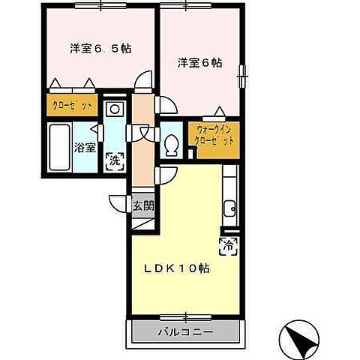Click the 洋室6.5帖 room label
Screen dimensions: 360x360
pos(100,49)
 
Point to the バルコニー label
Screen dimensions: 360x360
pos(185,331)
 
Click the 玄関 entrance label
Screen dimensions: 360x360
pos(142,205)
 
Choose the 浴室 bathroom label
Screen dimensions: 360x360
pos(85,148)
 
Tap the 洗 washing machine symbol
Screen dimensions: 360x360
pos(115,159)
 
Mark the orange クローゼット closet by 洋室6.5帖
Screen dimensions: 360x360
pos(72,105)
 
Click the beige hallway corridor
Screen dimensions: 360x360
pos(142,150)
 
